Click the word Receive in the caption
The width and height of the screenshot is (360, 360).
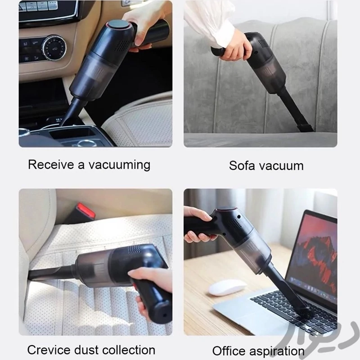pos(50,165)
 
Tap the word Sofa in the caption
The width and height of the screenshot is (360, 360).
pos(242,166)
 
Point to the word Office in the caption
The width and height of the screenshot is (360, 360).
pos(229,351)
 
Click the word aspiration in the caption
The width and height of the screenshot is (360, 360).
pos(277,351)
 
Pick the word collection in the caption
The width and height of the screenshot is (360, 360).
pos(129,350)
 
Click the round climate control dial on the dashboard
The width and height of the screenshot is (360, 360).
pos(54,48)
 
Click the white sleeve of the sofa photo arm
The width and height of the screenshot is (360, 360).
pos(208,22)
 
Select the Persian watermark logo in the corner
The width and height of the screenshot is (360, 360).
pos(319,337)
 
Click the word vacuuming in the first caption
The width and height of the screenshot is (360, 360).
pos(119,165)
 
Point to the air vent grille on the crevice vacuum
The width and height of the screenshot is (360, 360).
pos(134,249)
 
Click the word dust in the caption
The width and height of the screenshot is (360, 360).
pos(86,350)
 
